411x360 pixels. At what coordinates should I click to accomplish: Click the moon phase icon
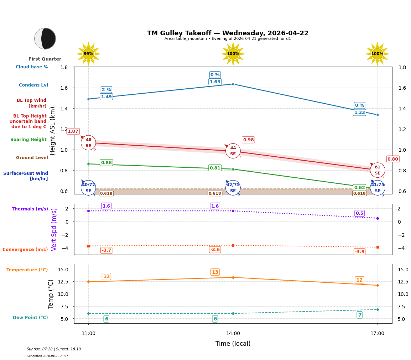(45, 38)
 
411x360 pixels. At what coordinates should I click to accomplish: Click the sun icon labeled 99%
(88, 54)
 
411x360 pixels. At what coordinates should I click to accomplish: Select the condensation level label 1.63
(215, 82)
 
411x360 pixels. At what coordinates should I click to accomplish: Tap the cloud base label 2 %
(106, 90)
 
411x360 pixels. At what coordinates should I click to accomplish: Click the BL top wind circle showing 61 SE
(377, 170)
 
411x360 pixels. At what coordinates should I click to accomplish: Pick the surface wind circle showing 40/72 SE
(88, 188)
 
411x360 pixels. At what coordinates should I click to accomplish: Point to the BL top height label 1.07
(73, 131)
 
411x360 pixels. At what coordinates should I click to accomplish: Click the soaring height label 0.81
(215, 168)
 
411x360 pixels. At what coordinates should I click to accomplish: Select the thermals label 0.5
(359, 213)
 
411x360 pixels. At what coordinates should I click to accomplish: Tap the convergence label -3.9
(359, 252)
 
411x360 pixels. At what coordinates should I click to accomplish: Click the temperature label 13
(215, 272)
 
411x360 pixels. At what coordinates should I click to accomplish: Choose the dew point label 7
(359, 315)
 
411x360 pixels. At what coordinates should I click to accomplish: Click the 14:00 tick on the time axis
(233, 334)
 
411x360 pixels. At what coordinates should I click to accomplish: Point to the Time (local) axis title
(233, 344)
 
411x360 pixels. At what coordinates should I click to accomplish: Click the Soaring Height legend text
(28, 140)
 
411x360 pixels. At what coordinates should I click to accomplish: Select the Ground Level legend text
(32, 158)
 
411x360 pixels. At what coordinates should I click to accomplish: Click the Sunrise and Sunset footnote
(54, 349)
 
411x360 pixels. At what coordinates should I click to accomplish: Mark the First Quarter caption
(45, 59)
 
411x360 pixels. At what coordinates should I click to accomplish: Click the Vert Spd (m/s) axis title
(54, 229)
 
